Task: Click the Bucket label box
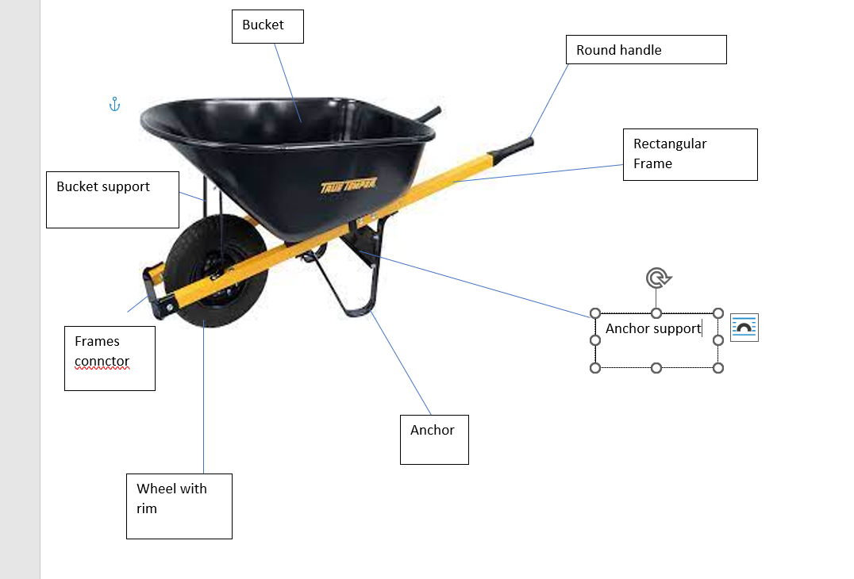click(267, 26)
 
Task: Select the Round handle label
click(646, 50)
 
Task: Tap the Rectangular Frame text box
click(690, 154)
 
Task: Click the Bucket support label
click(112, 199)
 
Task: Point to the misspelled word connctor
click(102, 362)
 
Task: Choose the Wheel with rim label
click(179, 506)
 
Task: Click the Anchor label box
click(433, 439)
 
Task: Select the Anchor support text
click(652, 328)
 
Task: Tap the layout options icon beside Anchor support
click(744, 328)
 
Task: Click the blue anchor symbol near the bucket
click(114, 104)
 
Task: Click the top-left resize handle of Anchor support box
click(596, 313)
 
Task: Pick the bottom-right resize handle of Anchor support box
click(718, 367)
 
